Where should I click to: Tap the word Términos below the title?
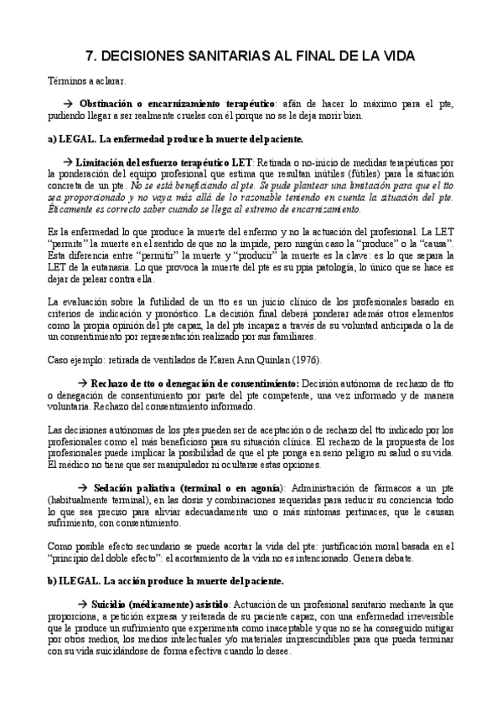69,82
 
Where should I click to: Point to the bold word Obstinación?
137,104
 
